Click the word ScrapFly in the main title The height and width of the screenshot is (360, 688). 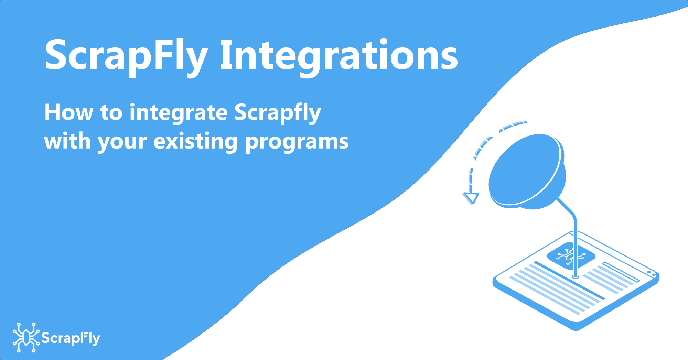[x=126, y=55]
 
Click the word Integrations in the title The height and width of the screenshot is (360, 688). [x=339, y=55]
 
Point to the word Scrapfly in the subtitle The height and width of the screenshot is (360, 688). [x=277, y=113]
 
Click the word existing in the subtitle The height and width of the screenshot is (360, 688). [x=195, y=142]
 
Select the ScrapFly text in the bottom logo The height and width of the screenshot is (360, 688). [x=71, y=338]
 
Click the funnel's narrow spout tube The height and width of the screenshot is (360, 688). [x=574, y=241]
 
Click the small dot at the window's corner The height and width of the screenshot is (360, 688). [x=649, y=273]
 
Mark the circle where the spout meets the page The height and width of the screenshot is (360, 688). [x=575, y=276]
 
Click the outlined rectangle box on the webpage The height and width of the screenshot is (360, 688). [x=621, y=272]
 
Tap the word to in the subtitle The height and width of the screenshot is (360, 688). [x=111, y=112]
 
